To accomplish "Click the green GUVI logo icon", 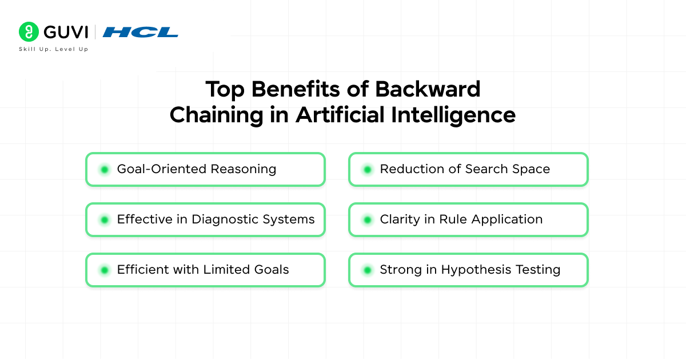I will pos(29,31).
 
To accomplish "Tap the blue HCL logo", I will pos(140,32).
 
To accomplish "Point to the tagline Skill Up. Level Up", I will pos(53,49).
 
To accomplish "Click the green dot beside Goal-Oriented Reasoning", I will pos(104,169).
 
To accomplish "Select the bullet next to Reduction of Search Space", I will pos(367,169).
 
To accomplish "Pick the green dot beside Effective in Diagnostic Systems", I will pos(104,219).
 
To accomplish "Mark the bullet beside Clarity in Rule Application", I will pos(367,219).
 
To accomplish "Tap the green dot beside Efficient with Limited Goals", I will pos(104,270).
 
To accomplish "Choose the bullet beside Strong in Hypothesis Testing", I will pos(367,270).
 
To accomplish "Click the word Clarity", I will pos(399,219).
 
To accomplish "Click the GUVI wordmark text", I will pos(64,31).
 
